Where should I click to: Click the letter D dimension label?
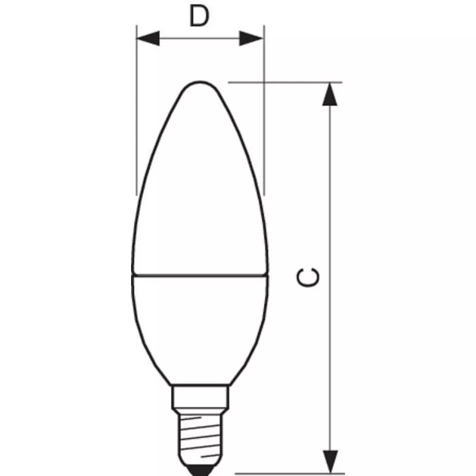(199, 17)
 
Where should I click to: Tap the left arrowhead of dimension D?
(148, 39)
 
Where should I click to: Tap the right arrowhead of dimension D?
(251, 39)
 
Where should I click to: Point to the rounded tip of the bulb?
(200, 84)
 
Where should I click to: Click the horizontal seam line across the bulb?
(200, 276)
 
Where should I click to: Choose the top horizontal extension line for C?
(297, 83)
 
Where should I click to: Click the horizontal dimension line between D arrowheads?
(200, 39)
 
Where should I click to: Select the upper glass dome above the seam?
(200, 186)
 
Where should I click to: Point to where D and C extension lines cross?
(264, 83)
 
